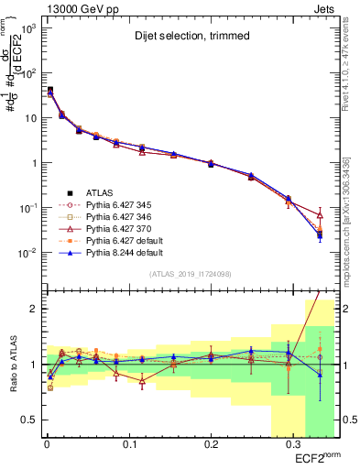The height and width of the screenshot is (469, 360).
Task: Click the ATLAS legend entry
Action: click(x=101, y=192)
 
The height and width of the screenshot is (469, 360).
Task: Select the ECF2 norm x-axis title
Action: click(x=317, y=457)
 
